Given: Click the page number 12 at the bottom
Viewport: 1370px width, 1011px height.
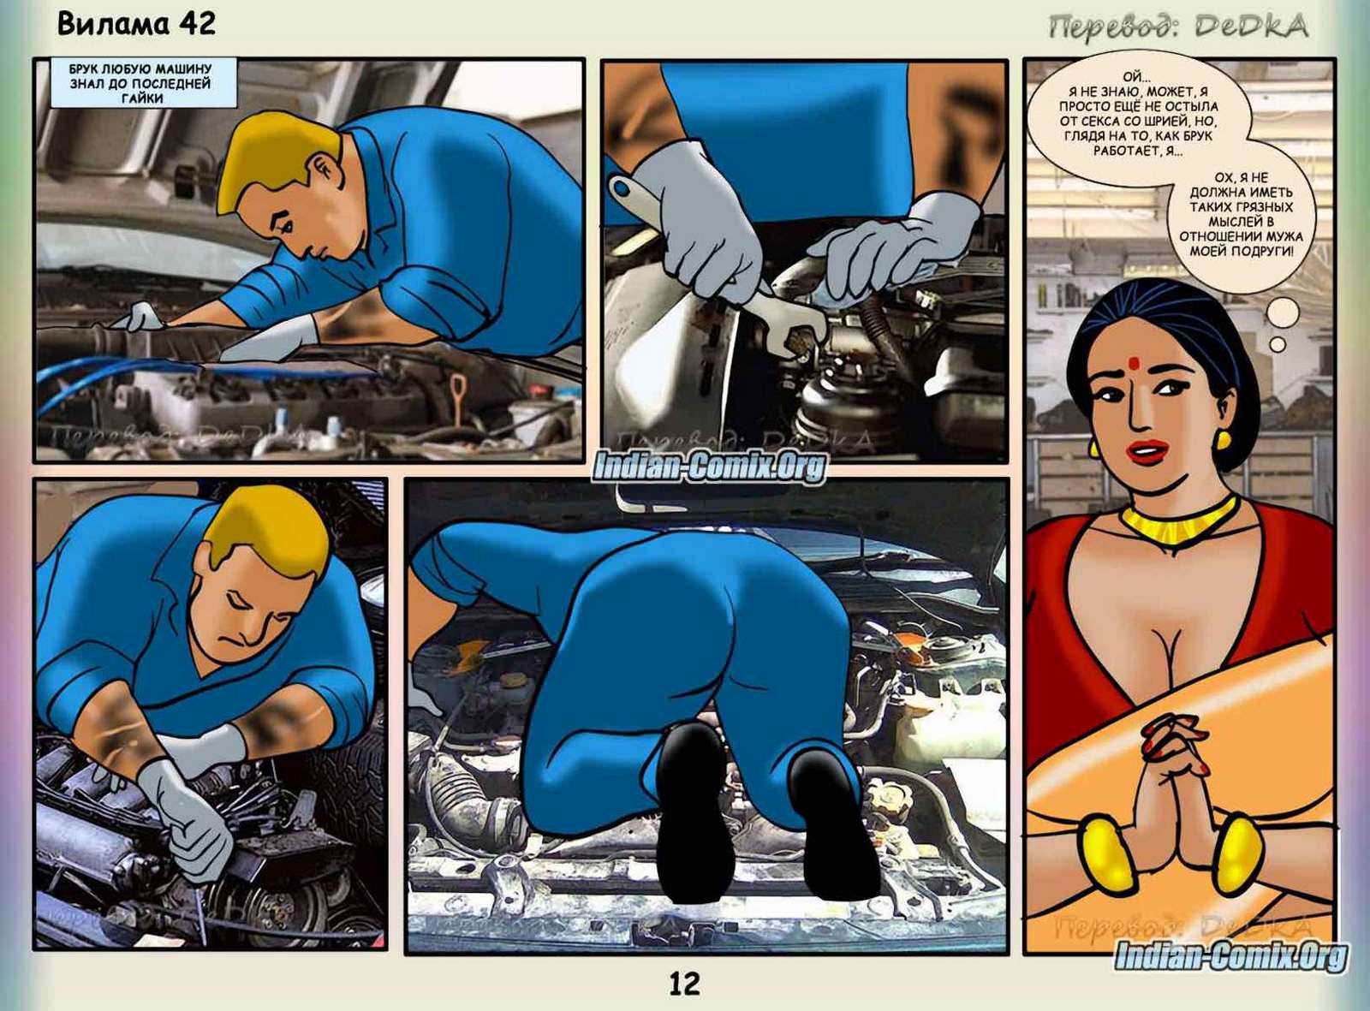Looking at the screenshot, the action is pos(684,984).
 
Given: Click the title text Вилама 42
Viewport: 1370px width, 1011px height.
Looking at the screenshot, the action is pos(136,25).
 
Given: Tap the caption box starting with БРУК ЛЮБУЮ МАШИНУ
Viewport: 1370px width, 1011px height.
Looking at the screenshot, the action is pos(143,83).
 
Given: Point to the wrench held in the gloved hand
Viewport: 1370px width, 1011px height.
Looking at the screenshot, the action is pos(717,260).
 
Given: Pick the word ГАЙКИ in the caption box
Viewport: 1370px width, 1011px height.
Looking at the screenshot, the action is pos(143,98).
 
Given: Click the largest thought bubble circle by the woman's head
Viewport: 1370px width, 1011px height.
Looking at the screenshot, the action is pos(1284,313).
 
